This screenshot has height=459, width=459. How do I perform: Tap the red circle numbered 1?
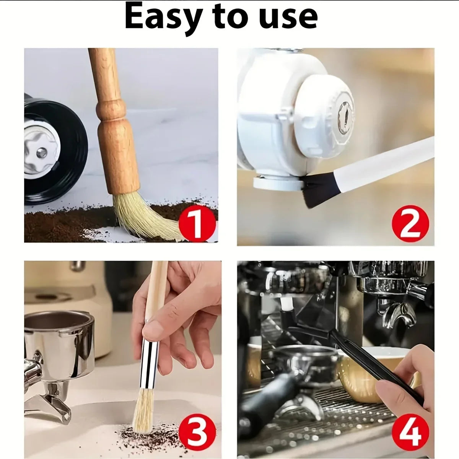pos(197,223)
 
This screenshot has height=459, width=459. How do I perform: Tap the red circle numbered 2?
pos(410,224)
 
